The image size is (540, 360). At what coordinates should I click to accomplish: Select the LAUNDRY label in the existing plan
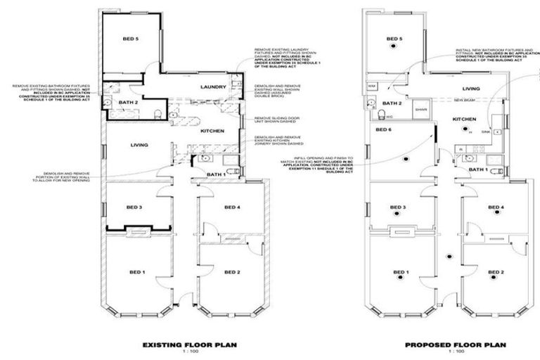213,86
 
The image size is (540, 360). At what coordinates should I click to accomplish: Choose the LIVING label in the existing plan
139,146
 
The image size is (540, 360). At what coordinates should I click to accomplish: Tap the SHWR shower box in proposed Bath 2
421,110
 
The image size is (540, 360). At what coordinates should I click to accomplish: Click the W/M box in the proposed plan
372,86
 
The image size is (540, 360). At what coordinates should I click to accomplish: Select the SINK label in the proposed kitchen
485,131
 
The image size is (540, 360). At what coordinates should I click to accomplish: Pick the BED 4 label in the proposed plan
496,207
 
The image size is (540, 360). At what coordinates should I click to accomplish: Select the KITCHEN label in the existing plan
212,131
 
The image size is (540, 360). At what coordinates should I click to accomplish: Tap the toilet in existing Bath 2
159,115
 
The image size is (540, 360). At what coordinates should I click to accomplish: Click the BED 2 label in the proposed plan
496,271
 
